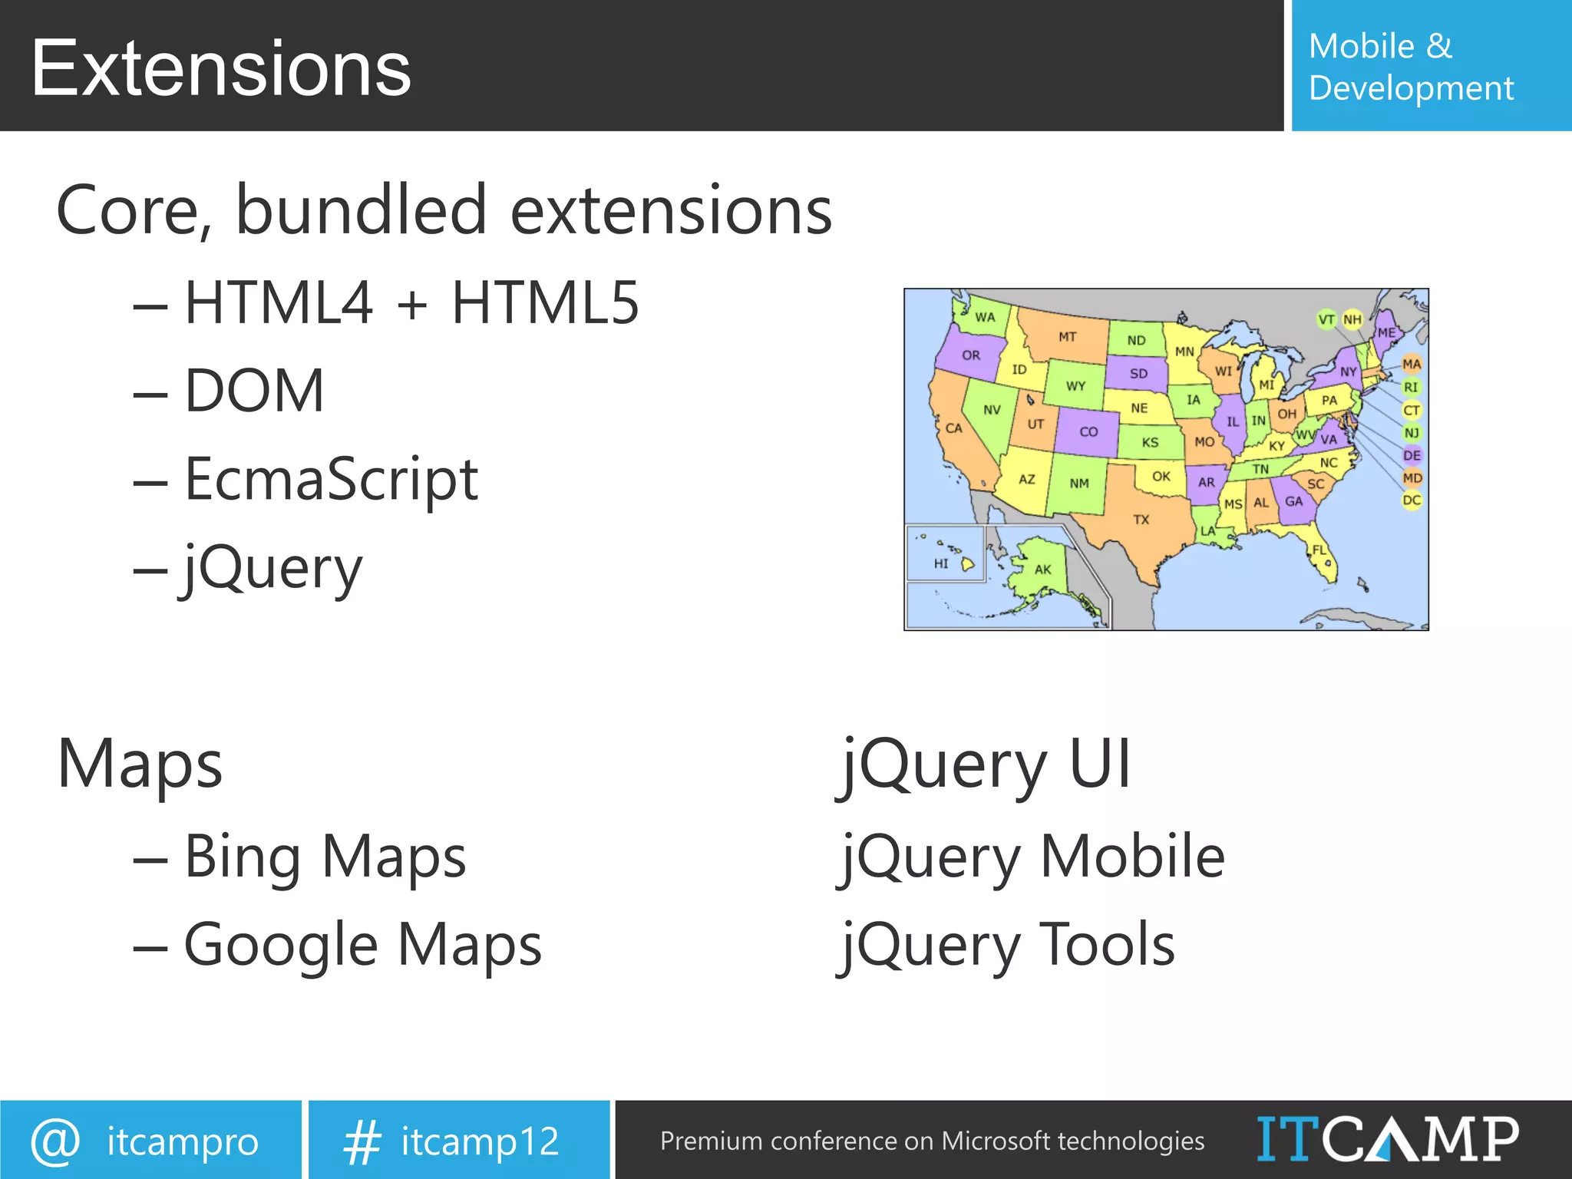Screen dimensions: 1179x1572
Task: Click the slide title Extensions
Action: [x=221, y=69]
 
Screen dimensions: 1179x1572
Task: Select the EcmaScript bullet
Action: [x=331, y=480]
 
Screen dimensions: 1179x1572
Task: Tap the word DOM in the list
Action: [x=254, y=391]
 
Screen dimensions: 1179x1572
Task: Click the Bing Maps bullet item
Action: [x=325, y=857]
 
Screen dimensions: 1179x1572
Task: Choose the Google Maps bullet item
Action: [x=362, y=945]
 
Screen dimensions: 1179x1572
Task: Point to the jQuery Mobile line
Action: [x=1032, y=857]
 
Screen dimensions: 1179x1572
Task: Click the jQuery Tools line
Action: [x=1008, y=945]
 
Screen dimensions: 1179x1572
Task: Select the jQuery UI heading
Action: [x=986, y=765]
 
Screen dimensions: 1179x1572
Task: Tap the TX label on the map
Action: [x=1141, y=520]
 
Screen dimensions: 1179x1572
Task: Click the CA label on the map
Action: [x=953, y=428]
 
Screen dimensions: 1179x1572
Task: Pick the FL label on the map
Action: [x=1319, y=550]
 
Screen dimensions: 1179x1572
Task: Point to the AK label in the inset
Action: [x=1042, y=570]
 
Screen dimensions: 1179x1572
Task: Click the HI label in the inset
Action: [x=941, y=563]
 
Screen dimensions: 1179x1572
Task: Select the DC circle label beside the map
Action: [x=1412, y=500]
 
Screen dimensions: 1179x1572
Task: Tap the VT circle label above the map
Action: [x=1326, y=319]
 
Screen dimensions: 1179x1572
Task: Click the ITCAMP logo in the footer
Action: [x=1387, y=1139]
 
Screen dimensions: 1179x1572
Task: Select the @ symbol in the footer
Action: [x=55, y=1141]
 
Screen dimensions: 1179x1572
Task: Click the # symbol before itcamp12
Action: [x=362, y=1141]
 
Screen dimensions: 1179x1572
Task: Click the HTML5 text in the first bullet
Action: [x=545, y=302]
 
